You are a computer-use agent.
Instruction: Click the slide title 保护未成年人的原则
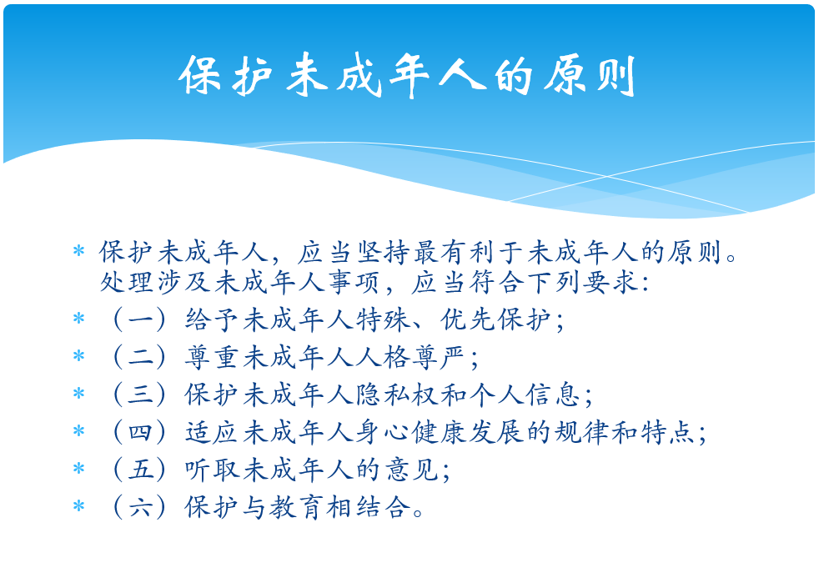coord(407,76)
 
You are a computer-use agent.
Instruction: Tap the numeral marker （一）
coord(139,319)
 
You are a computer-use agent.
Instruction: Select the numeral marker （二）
coord(139,357)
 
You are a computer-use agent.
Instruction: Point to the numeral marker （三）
coord(139,395)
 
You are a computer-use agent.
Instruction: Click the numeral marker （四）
coord(139,432)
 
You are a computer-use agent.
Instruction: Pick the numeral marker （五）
coord(139,470)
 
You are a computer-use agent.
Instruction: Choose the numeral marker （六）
coord(139,507)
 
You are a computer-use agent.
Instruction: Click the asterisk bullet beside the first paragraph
coord(79,251)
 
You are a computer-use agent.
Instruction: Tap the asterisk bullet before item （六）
coord(79,506)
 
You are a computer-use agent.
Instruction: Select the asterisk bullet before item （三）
coord(79,393)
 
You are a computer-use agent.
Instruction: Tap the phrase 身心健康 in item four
coord(412,432)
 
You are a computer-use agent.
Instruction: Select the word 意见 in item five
coord(412,470)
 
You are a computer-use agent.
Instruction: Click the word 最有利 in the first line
coord(454,252)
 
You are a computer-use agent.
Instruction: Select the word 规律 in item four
coord(580,432)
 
